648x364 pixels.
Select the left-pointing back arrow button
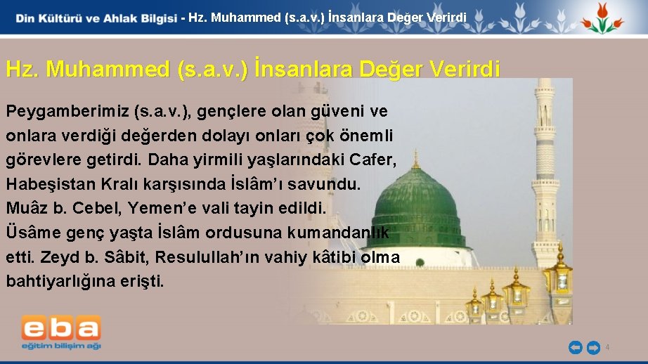click(575, 346)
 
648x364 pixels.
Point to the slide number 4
click(607, 347)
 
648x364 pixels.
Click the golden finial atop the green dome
click(416, 159)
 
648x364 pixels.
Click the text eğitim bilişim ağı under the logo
click(60, 346)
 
